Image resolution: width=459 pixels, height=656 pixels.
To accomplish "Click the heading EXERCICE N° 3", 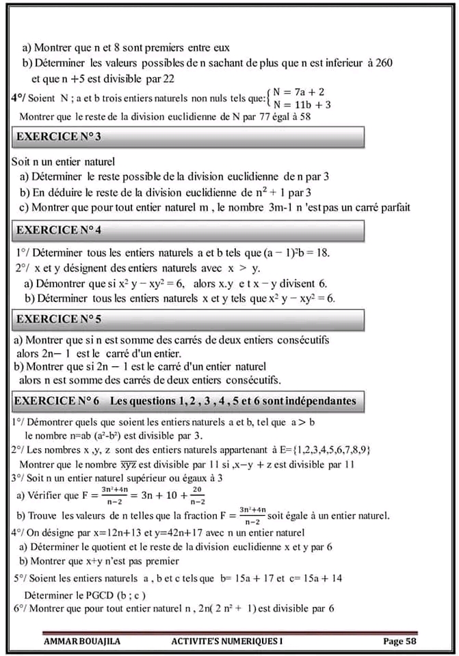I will coord(59,137).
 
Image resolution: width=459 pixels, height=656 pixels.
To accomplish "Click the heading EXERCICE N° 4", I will coord(59,230).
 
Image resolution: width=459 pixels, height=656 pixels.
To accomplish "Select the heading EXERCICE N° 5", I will coord(59,318).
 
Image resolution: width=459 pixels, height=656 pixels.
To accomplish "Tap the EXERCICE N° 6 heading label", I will coord(58,400).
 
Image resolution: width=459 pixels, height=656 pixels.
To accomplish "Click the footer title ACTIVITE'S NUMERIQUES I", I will coord(227,641).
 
